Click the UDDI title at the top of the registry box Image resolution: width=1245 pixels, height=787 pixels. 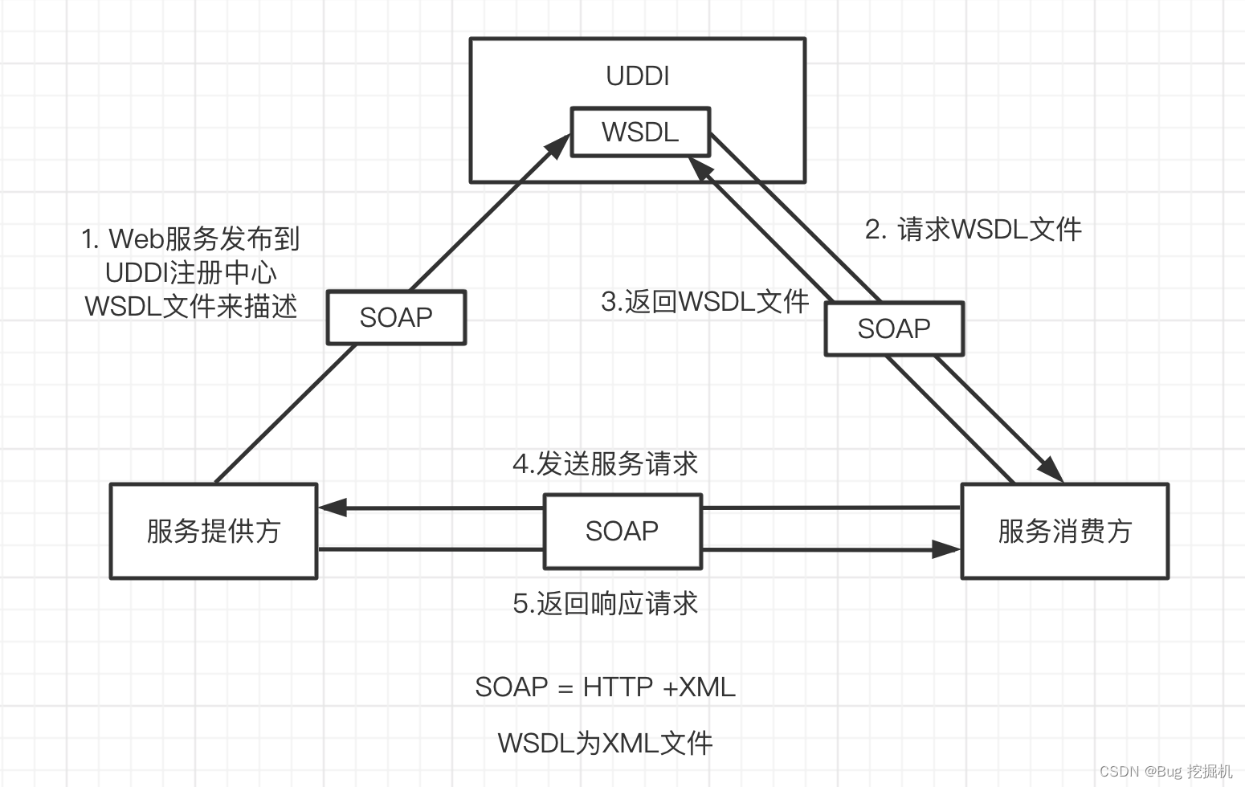(x=637, y=75)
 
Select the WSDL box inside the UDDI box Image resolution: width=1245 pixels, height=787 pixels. (x=640, y=132)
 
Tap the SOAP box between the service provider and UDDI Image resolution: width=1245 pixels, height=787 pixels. (x=396, y=317)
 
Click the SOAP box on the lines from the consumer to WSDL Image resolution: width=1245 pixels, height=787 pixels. (x=893, y=328)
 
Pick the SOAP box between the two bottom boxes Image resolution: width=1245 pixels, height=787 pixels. (x=622, y=531)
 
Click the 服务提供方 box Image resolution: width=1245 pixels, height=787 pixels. (x=214, y=531)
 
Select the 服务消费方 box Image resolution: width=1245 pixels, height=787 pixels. (x=1064, y=531)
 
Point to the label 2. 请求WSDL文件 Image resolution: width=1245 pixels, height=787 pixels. (x=973, y=230)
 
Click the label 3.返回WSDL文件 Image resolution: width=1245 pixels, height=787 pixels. (x=704, y=302)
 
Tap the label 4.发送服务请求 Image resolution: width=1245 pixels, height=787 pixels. (x=605, y=464)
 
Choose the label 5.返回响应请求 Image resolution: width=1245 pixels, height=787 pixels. (x=605, y=603)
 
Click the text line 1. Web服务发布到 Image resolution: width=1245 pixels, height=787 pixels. (x=190, y=239)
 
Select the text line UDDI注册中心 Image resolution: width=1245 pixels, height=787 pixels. (x=190, y=272)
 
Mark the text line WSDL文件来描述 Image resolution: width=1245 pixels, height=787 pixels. (x=190, y=306)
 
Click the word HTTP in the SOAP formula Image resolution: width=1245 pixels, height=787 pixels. (x=618, y=687)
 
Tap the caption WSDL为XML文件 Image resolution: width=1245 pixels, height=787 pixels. (x=605, y=743)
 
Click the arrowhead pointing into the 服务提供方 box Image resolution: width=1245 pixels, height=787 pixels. (x=330, y=508)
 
